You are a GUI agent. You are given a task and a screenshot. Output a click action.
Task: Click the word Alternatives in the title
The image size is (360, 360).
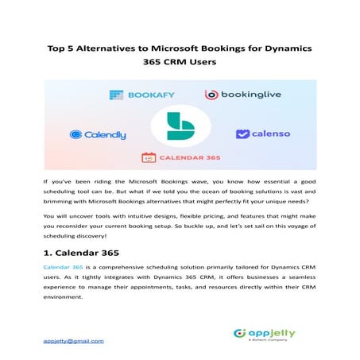114,49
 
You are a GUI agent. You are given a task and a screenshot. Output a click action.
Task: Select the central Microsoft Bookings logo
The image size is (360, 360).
180,128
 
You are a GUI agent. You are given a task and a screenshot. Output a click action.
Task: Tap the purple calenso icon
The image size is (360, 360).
242,134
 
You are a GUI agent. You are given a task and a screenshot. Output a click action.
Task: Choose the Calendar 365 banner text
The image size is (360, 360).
192,157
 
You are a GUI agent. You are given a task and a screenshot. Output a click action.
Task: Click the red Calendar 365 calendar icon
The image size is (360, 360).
148,157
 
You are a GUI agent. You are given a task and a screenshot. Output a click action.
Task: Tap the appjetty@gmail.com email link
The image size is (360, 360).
73,341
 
